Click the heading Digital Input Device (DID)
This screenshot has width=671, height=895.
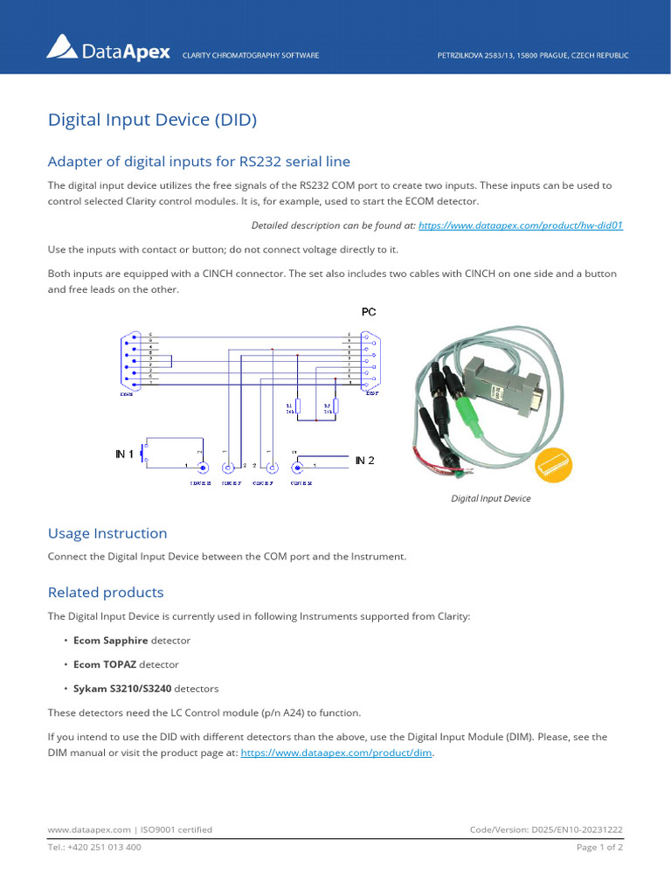(x=152, y=120)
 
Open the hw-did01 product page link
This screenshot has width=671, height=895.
(x=521, y=225)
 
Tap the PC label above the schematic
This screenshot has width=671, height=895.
(x=369, y=311)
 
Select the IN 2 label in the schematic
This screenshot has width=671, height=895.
(x=364, y=460)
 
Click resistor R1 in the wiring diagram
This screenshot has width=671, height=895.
(x=298, y=406)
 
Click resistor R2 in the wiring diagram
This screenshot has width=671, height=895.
(x=335, y=406)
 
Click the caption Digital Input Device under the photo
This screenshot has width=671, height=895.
(x=490, y=499)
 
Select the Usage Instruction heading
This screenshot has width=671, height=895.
(x=107, y=533)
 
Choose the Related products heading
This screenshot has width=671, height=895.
(x=105, y=593)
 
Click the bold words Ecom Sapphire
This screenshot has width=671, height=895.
(x=110, y=641)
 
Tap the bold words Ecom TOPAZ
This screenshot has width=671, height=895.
(x=105, y=664)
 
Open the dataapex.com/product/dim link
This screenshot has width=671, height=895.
(x=336, y=753)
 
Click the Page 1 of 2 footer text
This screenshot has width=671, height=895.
(x=599, y=847)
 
